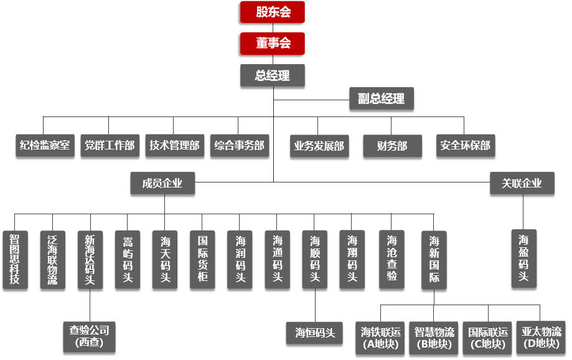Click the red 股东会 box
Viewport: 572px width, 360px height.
pyautogui.click(x=273, y=12)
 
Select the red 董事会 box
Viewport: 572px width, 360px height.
pyautogui.click(x=273, y=44)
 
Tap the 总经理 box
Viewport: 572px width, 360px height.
pyautogui.click(x=273, y=75)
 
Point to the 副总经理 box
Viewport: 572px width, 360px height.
pyautogui.click(x=381, y=98)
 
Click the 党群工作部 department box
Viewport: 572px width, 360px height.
pyautogui.click(x=110, y=146)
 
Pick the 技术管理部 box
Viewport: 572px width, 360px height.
pyautogui.click(x=174, y=146)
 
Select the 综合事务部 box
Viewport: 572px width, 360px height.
pyautogui.click(x=240, y=146)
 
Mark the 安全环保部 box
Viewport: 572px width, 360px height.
pyautogui.click(x=465, y=146)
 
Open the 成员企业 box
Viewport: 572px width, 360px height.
pyautogui.click(x=162, y=183)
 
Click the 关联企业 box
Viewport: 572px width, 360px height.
pyautogui.click(x=522, y=183)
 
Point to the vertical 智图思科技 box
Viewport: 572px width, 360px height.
pyautogui.click(x=15, y=259)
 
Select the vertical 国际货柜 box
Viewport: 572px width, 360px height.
pyautogui.click(x=202, y=259)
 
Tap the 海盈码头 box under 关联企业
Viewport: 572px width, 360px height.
pyautogui.click(x=523, y=258)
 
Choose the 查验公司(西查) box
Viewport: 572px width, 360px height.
pyautogui.click(x=90, y=336)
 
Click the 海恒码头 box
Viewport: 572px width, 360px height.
pyautogui.click(x=315, y=333)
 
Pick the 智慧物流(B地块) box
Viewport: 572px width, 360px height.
pyautogui.click(x=434, y=338)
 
